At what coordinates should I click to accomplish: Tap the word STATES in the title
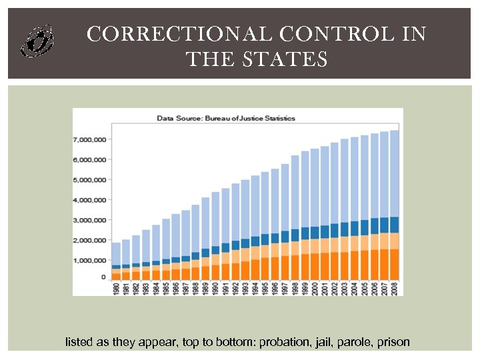pyautogui.click(x=293, y=60)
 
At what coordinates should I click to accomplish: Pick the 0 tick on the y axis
pyautogui.click(x=103, y=277)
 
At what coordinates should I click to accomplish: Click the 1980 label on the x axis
pyautogui.click(x=116, y=289)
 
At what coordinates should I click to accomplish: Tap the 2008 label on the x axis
pyautogui.click(x=394, y=289)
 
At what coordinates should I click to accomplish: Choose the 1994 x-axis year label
pyautogui.click(x=255, y=289)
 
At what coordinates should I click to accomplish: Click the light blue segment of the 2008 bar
pyautogui.click(x=394, y=173)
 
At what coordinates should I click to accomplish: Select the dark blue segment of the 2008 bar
pyautogui.click(x=394, y=225)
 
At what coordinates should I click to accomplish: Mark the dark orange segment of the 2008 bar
pyautogui.click(x=394, y=264)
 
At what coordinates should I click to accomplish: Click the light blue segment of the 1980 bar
pyautogui.click(x=116, y=253)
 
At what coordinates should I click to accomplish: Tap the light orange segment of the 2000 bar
pyautogui.click(x=315, y=246)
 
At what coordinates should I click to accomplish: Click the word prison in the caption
pyautogui.click(x=393, y=343)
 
